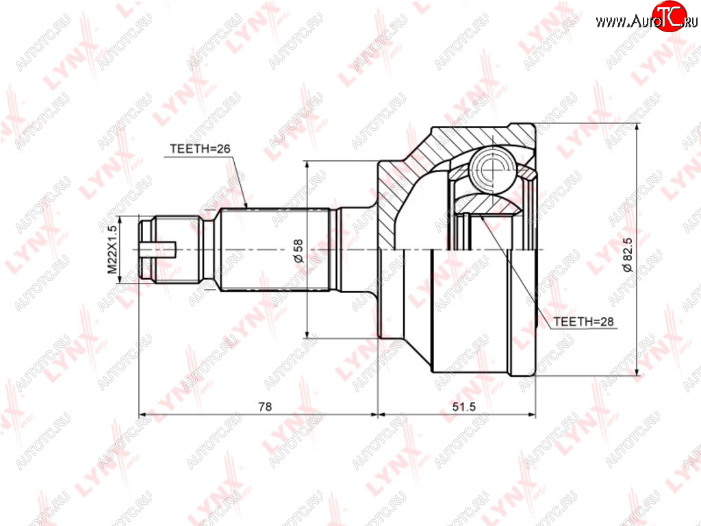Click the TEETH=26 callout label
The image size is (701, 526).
tap(200, 149)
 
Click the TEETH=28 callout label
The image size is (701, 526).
tap(583, 322)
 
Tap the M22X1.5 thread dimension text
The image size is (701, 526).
tap(112, 249)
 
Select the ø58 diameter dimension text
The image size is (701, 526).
tap(298, 251)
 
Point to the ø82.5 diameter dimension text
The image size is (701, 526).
tap(628, 255)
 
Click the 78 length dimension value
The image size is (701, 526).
tap(265, 407)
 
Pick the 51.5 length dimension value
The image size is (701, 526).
tap(464, 407)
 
